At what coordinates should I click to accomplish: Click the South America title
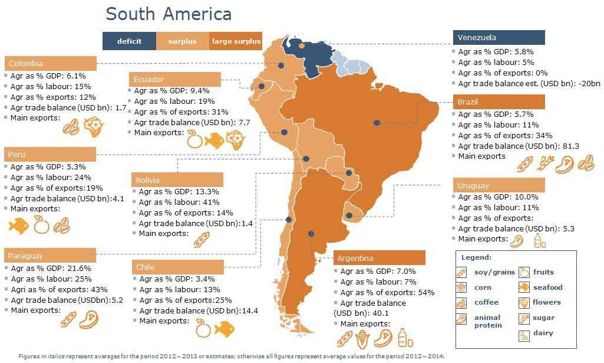169,14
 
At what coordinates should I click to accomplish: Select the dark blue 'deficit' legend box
129,41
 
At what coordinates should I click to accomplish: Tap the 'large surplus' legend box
236,41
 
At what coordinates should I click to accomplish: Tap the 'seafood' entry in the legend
547,287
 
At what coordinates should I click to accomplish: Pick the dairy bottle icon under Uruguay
537,240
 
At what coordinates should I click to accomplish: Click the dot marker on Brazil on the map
377,122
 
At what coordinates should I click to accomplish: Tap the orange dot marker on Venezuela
302,45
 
